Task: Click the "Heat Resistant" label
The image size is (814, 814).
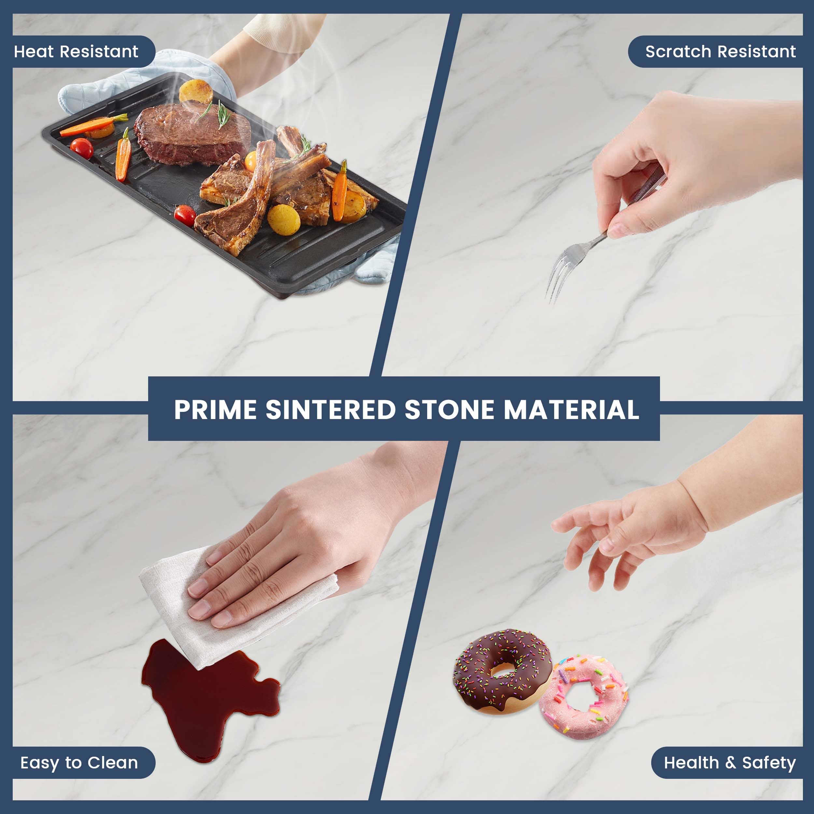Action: coord(76,51)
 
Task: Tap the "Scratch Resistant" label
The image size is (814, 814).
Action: coord(721,51)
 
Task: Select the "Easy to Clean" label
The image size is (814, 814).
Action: coord(79,763)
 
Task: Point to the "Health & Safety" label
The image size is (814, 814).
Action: coord(730,763)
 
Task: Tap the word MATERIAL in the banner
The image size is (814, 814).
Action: coord(571,410)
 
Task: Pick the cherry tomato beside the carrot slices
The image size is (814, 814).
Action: coord(82,148)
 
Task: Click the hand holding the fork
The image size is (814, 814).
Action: coord(691,164)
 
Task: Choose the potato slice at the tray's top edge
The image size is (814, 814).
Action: coord(196,91)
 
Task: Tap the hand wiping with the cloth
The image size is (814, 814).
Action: coord(303,543)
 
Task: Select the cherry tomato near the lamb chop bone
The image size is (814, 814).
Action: coord(185,215)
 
